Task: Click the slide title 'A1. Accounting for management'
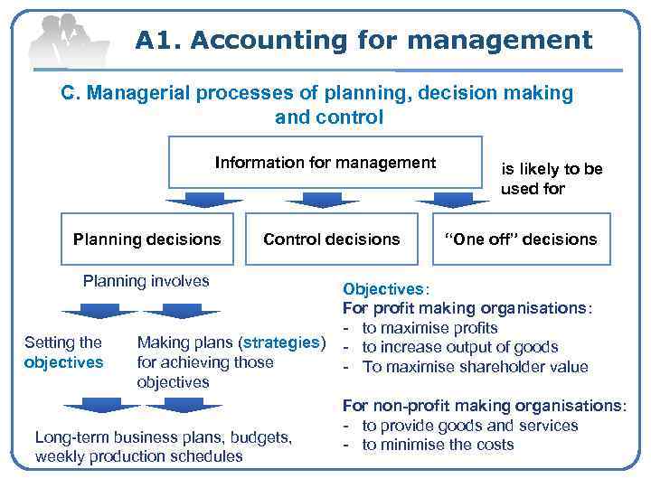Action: tap(364, 40)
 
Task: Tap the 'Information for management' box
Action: tap(325, 164)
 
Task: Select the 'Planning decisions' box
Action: tap(146, 239)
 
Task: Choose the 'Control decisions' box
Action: tap(331, 239)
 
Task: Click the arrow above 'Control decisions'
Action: tap(328, 199)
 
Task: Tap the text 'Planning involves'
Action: tap(146, 280)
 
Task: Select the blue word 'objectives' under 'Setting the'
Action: tap(64, 362)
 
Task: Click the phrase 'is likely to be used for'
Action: tap(552, 179)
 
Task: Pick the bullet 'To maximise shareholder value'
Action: tap(475, 367)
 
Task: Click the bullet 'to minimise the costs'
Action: tap(438, 445)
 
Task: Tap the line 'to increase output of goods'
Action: tap(459, 347)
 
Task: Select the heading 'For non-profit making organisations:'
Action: tap(483, 406)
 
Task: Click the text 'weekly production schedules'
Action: tap(138, 456)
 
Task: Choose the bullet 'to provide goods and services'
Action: tap(469, 426)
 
